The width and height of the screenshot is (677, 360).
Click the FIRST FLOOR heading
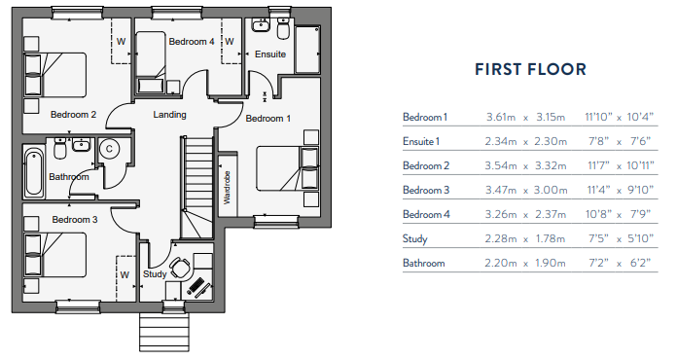[x=529, y=69]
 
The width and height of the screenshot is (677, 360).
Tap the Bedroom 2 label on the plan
[x=73, y=114]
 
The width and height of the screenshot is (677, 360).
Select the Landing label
[x=170, y=115]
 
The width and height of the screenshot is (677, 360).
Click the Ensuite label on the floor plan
[x=270, y=54]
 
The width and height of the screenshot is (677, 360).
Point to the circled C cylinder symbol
[x=109, y=149]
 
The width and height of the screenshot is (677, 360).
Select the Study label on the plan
[x=155, y=273]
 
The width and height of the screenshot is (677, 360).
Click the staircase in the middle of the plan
[x=197, y=185]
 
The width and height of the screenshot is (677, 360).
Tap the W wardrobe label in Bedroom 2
[x=122, y=42]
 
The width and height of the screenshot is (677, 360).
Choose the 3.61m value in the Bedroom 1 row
[x=501, y=118]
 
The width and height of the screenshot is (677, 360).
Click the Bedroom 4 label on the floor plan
[x=191, y=42]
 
